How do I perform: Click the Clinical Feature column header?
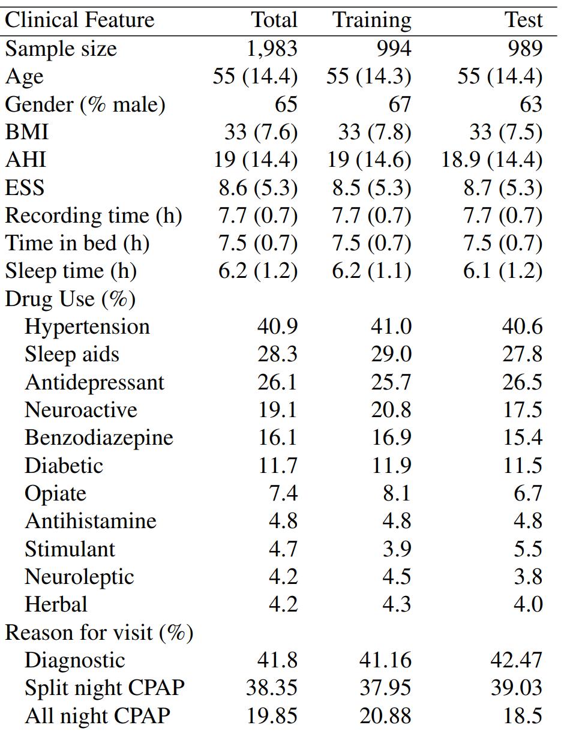[x=80, y=20]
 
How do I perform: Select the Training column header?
[x=372, y=20]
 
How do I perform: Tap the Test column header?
[x=523, y=20]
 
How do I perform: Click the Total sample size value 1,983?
[x=272, y=49]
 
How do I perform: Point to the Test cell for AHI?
[x=492, y=160]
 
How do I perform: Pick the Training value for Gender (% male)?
[x=400, y=104]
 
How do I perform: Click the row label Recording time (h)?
[x=94, y=215]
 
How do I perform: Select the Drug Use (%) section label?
[x=70, y=299]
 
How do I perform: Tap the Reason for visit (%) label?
[x=99, y=633]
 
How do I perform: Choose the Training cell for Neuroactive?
[x=391, y=410]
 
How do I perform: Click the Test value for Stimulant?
[x=528, y=549]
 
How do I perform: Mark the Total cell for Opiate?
[x=283, y=493]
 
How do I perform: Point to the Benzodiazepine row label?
[x=99, y=438]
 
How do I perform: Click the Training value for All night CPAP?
[x=385, y=716]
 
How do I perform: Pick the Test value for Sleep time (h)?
[x=502, y=271]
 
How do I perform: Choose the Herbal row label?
[x=56, y=604]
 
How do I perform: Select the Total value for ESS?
[x=258, y=188]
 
